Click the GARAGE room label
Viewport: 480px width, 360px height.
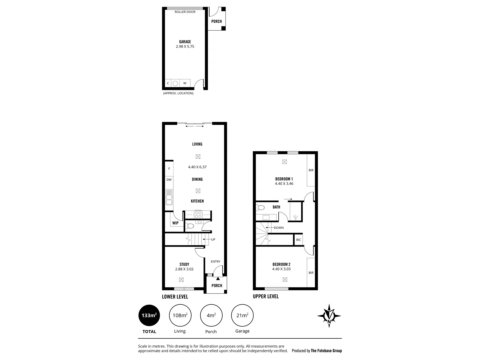tap(185, 42)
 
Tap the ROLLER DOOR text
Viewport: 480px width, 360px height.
tap(185, 12)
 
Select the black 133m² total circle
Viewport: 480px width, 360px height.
tap(149, 315)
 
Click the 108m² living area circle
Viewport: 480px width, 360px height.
tap(180, 315)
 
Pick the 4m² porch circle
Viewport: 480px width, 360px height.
tap(211, 315)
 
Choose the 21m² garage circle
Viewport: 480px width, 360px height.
tap(242, 315)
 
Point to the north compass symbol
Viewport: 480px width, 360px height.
tap(329, 316)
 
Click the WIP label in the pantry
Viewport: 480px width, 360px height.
tap(175, 223)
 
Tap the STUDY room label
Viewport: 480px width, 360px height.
tap(184, 264)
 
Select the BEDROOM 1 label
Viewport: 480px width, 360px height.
tap(284, 179)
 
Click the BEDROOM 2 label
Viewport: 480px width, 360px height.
tap(281, 264)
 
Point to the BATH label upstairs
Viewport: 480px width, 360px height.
tap(276, 207)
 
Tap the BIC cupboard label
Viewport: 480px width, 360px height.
tap(298, 240)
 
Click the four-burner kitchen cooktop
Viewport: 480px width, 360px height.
tap(198, 214)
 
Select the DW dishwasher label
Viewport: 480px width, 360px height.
tap(169, 180)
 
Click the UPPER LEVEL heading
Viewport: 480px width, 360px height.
tap(266, 296)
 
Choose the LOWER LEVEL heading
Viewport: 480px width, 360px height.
tap(175, 297)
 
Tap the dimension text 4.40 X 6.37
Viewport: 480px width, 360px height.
tap(197, 167)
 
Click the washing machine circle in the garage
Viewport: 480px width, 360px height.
tap(175, 83)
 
